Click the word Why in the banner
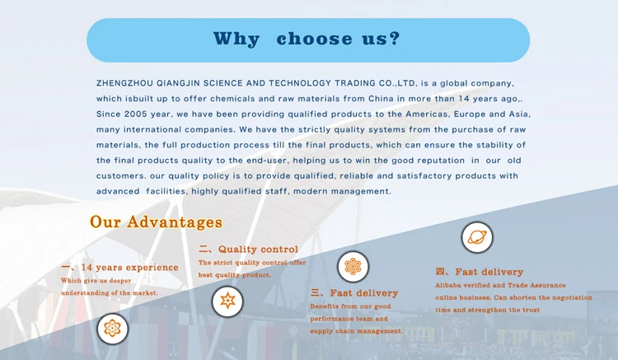pos(236,39)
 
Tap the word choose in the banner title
pos(314,39)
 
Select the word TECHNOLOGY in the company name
pos(300,83)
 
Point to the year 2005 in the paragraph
pos(136,114)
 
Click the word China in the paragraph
pos(381,99)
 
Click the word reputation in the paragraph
pos(441,161)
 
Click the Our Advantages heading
pos(156,222)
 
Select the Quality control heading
pos(258,250)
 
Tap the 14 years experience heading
pos(129,268)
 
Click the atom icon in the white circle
pos(112,329)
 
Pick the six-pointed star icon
pos(227,302)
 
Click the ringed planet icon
pos(477,237)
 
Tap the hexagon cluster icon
pos(353,267)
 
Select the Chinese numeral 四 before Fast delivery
pos(440,271)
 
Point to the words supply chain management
pos(357,331)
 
